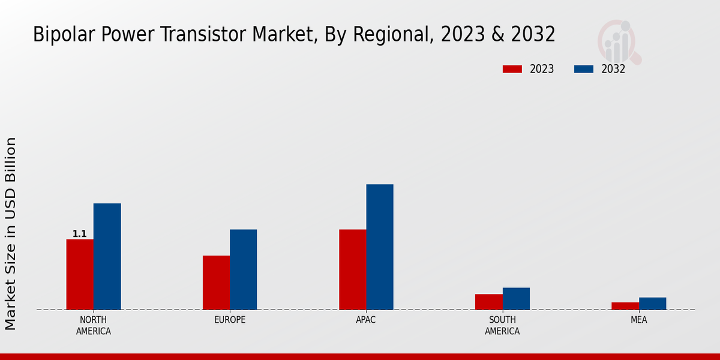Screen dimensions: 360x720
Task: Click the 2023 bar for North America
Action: pyautogui.click(x=80, y=274)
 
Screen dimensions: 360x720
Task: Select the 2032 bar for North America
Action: pyautogui.click(x=107, y=256)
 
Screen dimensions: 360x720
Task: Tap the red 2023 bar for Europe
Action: pyautogui.click(x=216, y=283)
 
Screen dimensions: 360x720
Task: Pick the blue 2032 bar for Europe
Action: pyautogui.click(x=243, y=269)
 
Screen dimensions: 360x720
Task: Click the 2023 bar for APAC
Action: pyautogui.click(x=352, y=269)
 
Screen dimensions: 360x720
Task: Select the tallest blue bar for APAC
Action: pyautogui.click(x=380, y=247)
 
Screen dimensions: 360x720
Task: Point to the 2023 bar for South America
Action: pyautogui.click(x=488, y=302)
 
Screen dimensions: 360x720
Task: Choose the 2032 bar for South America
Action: pyautogui.click(x=516, y=299)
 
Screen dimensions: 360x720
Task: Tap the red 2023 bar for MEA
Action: pyautogui.click(x=625, y=306)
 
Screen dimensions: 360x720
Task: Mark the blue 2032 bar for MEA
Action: pyautogui.click(x=652, y=304)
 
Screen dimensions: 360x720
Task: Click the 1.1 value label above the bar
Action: pyautogui.click(x=80, y=234)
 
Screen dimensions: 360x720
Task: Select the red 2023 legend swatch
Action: pyautogui.click(x=512, y=69)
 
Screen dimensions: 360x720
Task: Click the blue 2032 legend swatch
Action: pyautogui.click(x=583, y=69)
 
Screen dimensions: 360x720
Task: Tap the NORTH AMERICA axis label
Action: pyautogui.click(x=94, y=325)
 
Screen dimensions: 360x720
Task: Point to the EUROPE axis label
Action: pyautogui.click(x=230, y=320)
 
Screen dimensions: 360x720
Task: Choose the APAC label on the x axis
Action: pyautogui.click(x=366, y=320)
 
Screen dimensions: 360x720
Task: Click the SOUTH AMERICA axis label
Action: pyautogui.click(x=502, y=325)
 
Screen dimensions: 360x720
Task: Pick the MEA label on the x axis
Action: pyautogui.click(x=638, y=320)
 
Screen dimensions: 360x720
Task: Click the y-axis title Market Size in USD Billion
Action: pyautogui.click(x=11, y=233)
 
